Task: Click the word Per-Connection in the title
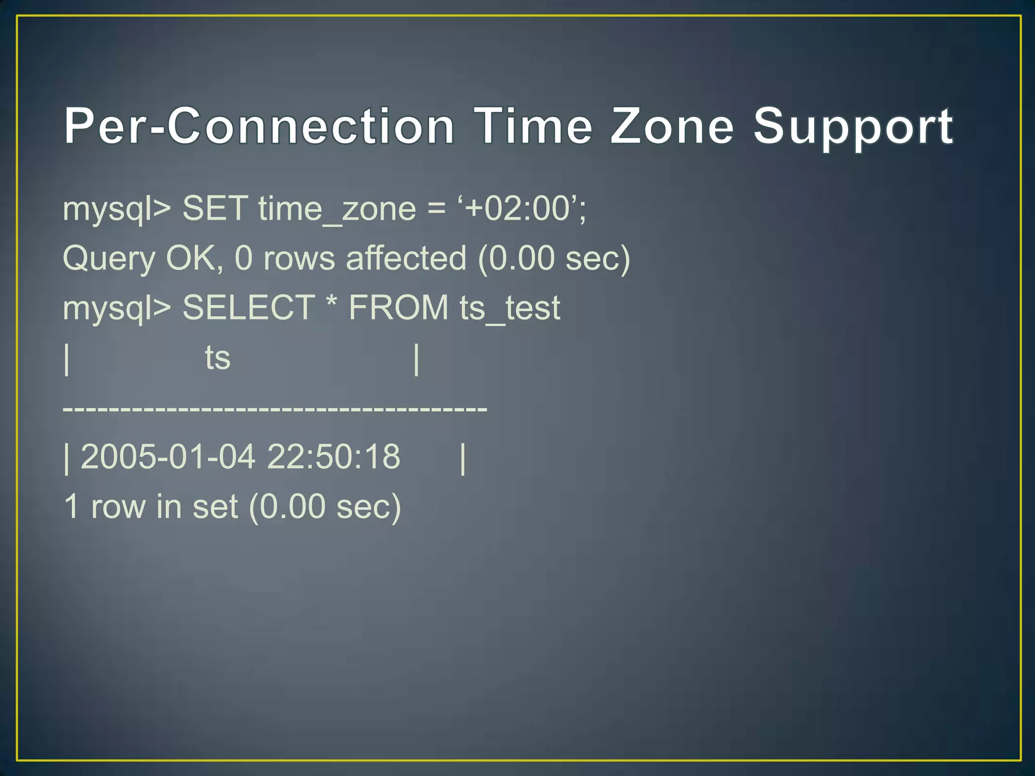pos(259,126)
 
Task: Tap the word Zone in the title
pos(672,126)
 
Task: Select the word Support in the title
pos(853,127)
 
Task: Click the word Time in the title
pos(534,126)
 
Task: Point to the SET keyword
pos(215,208)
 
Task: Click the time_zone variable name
pos(337,209)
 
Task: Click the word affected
pos(406,258)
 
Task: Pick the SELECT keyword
pos(249,307)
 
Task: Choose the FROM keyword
pos(398,307)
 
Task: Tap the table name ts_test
pos(509,308)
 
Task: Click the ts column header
pos(218,358)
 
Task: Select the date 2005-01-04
pos(168,457)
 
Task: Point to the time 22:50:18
pos(334,457)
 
